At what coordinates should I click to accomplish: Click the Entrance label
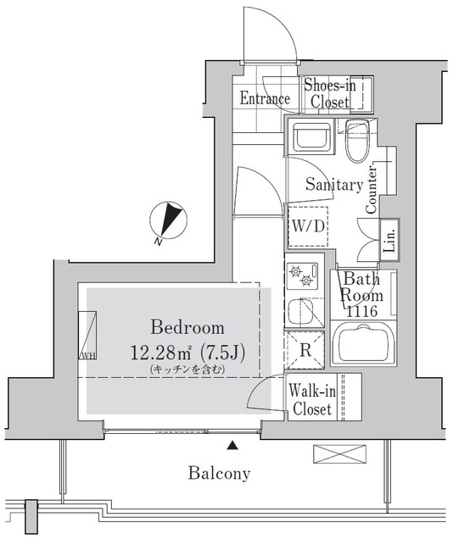coord(265,99)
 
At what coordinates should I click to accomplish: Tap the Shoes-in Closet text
coord(327,94)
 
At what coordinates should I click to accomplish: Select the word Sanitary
coord(334,185)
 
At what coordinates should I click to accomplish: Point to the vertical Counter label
coord(371,196)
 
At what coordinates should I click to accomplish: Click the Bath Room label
coord(362,288)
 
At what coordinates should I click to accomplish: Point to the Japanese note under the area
coord(187,370)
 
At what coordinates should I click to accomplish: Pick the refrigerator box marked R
coord(302,348)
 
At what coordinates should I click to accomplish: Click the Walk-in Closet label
coord(311,400)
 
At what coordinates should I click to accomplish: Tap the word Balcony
coord(219,474)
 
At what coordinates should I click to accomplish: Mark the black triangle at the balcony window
coord(232,443)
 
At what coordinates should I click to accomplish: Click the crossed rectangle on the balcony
coord(332,453)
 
